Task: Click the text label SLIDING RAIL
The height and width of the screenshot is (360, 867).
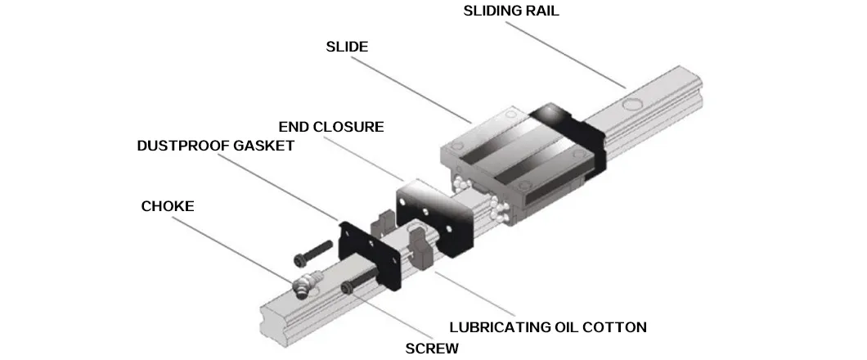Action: (x=511, y=11)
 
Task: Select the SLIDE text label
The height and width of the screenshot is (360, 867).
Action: (x=347, y=47)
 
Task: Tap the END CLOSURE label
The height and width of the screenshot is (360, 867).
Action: (x=330, y=127)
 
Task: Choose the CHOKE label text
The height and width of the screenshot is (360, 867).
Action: (x=168, y=206)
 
